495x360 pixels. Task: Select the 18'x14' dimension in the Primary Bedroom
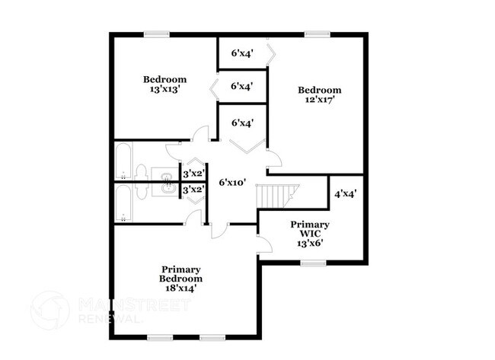pos(180,289)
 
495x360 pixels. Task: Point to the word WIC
pos(310,234)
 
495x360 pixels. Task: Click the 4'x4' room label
pos(346,193)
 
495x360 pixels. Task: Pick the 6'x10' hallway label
pos(233,183)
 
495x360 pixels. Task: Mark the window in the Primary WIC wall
pos(312,263)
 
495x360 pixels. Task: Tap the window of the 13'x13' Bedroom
pos(157,33)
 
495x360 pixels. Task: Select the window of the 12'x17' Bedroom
pos(316,33)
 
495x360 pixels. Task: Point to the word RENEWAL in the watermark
pos(110,320)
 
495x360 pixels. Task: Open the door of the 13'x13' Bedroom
pos(200,135)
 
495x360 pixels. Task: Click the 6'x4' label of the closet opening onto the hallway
pos(242,123)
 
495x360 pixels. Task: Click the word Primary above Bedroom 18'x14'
pos(180,269)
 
